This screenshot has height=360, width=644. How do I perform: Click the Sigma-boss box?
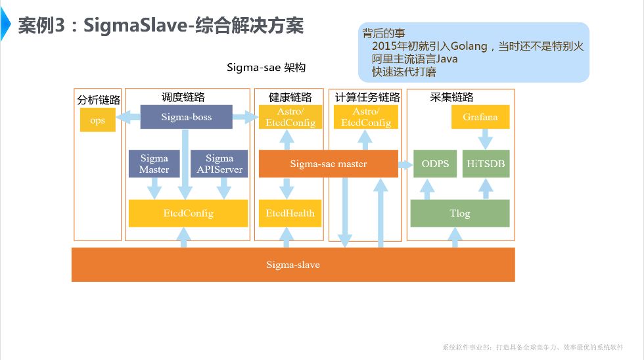(186, 118)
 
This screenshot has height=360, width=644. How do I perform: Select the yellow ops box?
(97, 120)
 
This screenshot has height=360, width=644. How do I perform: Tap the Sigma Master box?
(154, 164)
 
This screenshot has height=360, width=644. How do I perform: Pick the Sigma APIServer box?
(219, 164)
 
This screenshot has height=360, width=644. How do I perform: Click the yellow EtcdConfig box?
(188, 213)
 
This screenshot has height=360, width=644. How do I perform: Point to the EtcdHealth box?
(290, 213)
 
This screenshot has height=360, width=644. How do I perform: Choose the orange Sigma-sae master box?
(328, 164)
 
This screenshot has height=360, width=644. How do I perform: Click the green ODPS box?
(434, 164)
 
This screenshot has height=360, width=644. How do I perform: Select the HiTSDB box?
(485, 164)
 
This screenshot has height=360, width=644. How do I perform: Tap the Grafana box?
(480, 117)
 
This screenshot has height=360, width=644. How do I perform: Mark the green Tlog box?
(459, 213)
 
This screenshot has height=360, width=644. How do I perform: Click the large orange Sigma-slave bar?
(293, 265)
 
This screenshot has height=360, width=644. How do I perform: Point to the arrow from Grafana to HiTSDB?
(485, 139)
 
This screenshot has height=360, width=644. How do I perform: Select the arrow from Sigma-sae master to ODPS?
(405, 164)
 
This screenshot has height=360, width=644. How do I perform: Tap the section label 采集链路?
(451, 97)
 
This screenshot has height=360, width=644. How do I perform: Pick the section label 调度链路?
(183, 97)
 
